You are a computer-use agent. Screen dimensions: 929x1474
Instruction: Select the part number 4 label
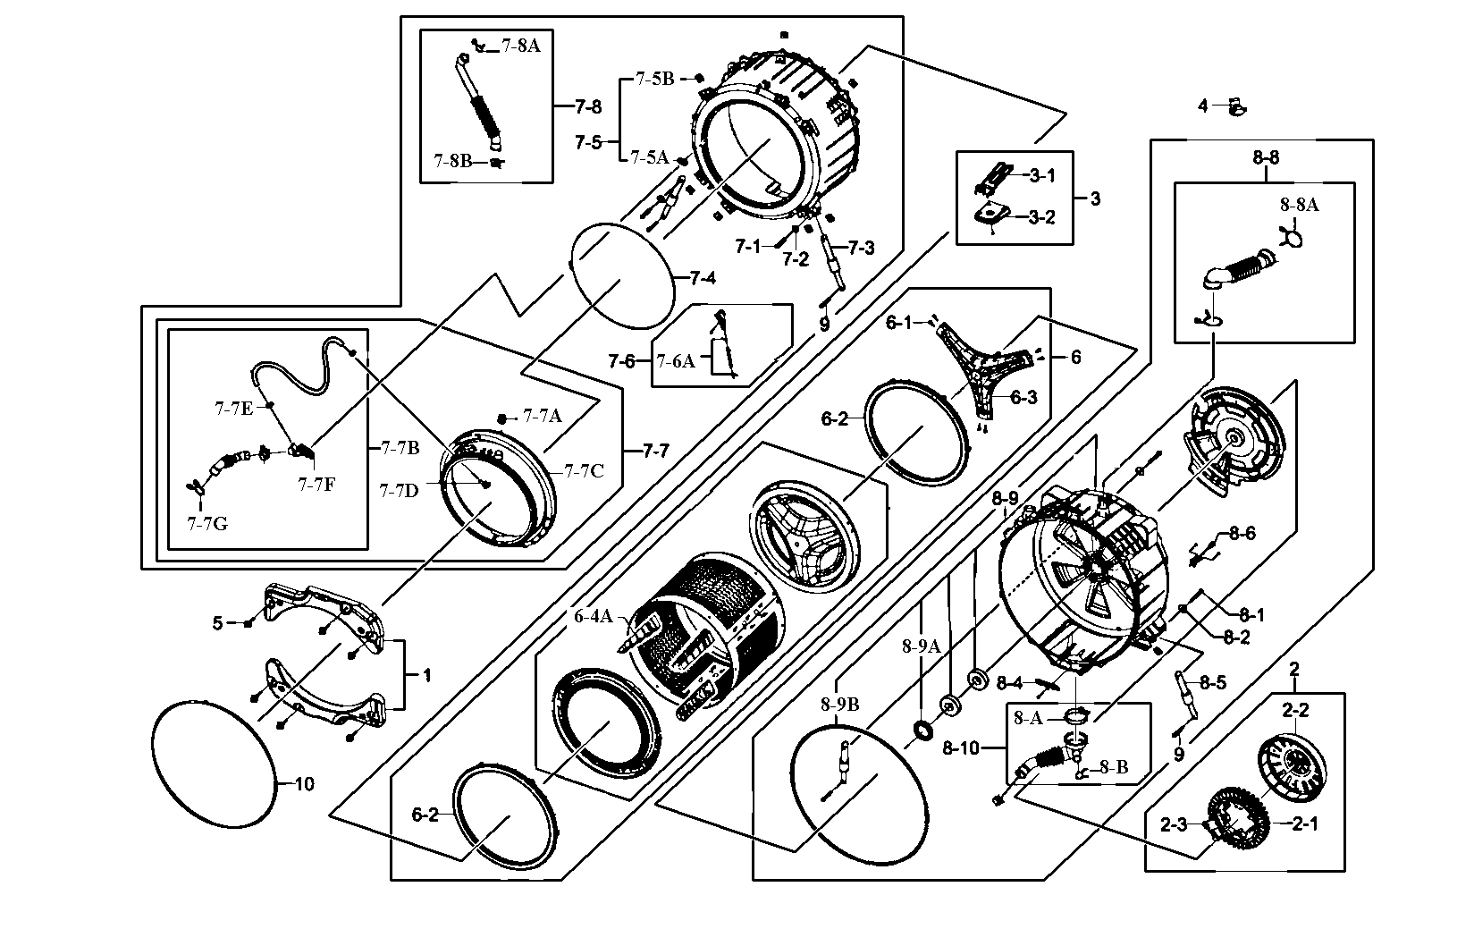1203,106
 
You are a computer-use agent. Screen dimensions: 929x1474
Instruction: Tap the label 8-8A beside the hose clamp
1299,205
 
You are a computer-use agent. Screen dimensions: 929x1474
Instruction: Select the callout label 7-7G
206,523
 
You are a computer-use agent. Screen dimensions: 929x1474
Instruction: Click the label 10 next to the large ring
305,784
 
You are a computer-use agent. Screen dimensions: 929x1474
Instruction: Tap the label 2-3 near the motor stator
1173,824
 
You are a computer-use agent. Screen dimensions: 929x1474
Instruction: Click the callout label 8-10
960,747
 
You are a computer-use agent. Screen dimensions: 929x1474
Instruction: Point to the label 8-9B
839,704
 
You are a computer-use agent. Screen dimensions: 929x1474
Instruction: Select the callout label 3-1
1041,175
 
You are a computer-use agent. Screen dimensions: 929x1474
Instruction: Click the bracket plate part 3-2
990,213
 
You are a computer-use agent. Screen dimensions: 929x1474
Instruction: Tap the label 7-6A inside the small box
676,361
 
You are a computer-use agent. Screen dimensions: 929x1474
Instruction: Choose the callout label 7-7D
399,490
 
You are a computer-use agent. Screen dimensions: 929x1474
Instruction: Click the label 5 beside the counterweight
217,622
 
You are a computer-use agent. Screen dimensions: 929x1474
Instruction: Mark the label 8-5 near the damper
1213,683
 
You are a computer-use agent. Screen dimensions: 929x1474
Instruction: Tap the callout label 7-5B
654,79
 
